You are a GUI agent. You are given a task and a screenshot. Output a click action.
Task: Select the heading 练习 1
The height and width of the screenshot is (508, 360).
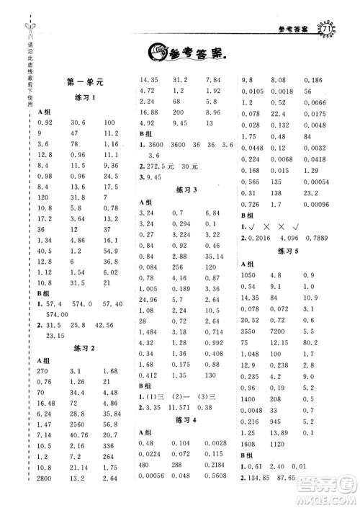click(85, 97)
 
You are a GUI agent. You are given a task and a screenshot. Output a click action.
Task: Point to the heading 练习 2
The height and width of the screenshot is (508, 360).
click(85, 349)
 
